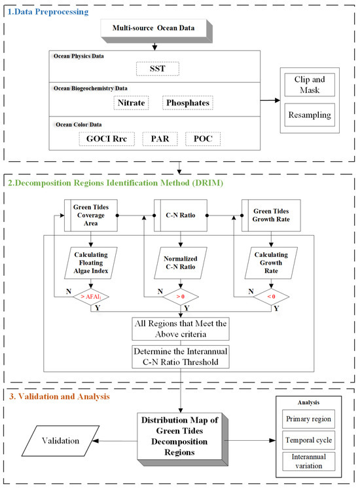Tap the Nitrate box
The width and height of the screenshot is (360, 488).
pyautogui.click(x=128, y=103)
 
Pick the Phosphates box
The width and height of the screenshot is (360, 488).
pyautogui.click(x=188, y=103)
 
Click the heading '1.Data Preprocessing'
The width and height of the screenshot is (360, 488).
pyautogui.click(x=49, y=12)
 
